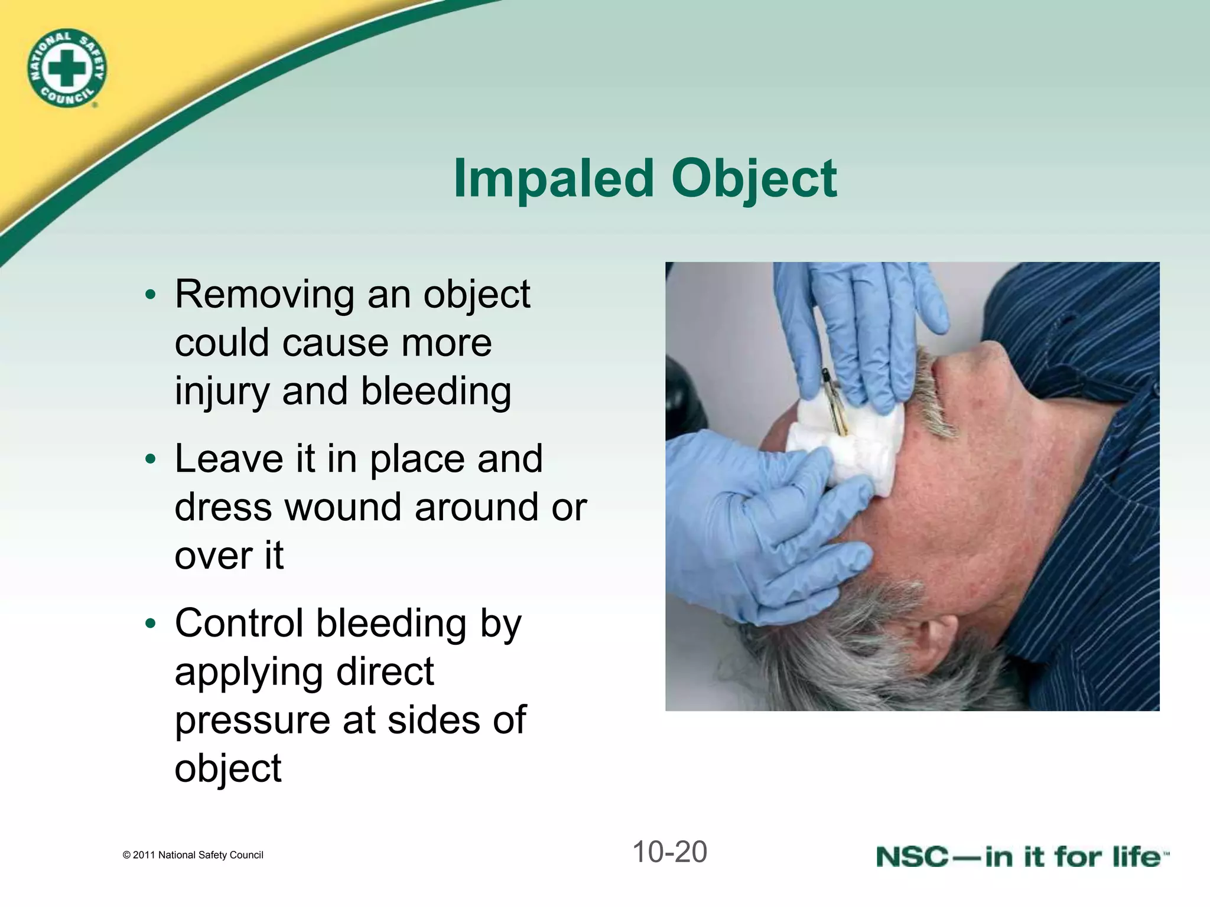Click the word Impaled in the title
coord(553,178)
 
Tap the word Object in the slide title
coord(754,178)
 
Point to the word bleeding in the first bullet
coord(436,391)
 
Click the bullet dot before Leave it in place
coord(151,459)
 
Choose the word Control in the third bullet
coord(239,623)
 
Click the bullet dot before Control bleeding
coord(151,624)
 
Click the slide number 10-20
coord(669,852)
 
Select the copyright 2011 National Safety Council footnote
coord(193,855)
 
